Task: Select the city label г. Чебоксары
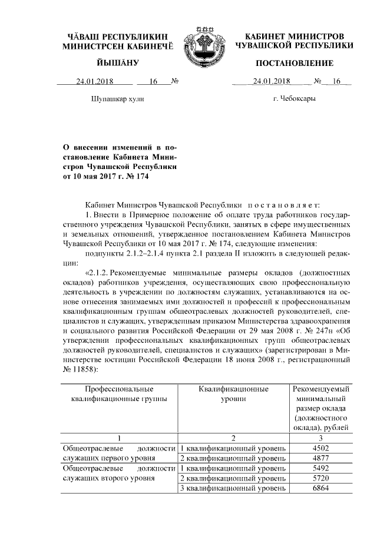(294, 98)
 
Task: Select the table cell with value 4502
(322, 448)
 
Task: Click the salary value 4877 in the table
(322, 458)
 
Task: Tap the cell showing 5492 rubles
(322, 468)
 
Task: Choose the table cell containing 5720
(322, 478)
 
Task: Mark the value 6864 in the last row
(322, 488)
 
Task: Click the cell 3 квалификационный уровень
(233, 488)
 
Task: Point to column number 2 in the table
(233, 438)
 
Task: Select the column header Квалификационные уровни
(233, 394)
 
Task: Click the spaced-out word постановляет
(284, 204)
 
